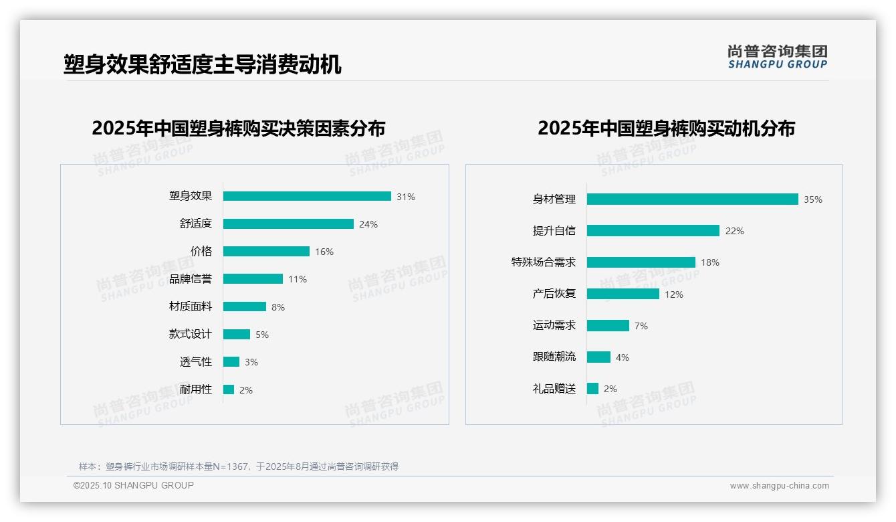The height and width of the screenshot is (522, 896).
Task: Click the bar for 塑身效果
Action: (307, 196)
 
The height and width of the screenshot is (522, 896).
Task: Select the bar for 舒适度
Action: (288, 224)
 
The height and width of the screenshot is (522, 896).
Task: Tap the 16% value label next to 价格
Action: (324, 252)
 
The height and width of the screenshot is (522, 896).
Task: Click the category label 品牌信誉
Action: (191, 279)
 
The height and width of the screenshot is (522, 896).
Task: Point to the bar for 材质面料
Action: (245, 307)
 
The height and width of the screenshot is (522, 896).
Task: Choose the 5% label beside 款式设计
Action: (262, 335)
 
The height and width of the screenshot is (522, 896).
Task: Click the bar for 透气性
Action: (231, 362)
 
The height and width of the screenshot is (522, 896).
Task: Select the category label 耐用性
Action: (196, 389)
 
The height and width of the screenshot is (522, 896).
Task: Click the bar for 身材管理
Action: (693, 199)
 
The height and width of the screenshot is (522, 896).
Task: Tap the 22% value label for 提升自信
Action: (735, 231)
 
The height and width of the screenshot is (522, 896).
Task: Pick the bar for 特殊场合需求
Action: (641, 262)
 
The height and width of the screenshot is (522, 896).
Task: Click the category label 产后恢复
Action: (554, 294)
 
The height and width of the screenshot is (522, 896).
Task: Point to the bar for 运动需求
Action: (608, 325)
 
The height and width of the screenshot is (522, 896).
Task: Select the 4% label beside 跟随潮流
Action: (623, 357)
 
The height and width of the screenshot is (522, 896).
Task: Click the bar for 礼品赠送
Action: (592, 388)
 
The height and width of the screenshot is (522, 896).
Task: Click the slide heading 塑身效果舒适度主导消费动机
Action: (203, 65)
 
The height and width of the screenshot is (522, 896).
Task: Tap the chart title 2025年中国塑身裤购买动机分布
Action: (666, 128)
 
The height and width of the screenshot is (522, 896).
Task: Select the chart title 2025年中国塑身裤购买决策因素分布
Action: (239, 128)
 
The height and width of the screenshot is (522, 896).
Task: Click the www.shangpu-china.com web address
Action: (779, 486)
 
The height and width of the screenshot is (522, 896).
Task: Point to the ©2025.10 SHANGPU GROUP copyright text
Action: (134, 485)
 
